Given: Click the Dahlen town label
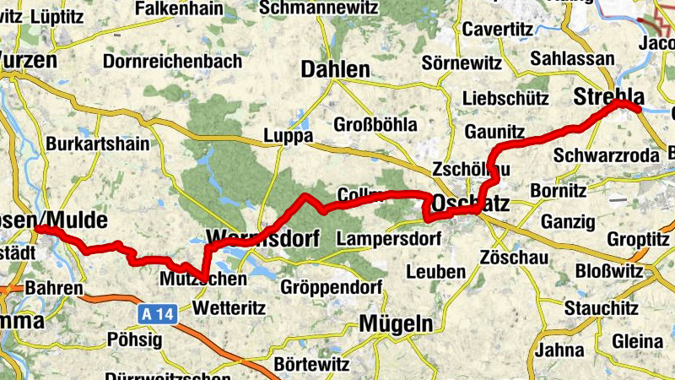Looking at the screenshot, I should point(335,69).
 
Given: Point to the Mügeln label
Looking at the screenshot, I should point(396,323).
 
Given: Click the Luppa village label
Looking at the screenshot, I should point(289,135).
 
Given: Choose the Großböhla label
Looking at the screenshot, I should point(375,124).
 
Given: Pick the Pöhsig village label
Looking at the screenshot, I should point(133,339).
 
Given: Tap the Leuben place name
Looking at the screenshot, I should point(435,272).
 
